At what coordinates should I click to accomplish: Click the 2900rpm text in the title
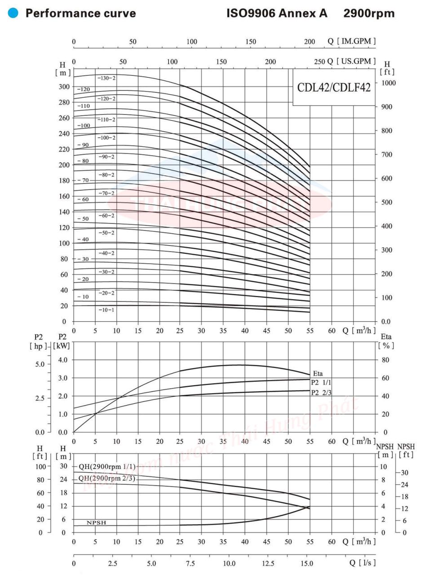point(369,13)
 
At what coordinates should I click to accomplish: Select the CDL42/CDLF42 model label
point(334,87)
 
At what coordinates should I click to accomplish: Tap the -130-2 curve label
point(107,78)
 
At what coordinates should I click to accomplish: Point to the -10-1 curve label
point(107,310)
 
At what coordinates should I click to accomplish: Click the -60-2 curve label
point(107,216)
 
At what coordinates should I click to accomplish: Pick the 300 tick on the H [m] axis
point(65,87)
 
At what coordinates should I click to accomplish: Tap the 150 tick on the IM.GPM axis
point(251,42)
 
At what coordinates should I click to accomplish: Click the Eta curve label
point(318,373)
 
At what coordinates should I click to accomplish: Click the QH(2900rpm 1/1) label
point(106,466)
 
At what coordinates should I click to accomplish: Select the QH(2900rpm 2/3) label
point(106,478)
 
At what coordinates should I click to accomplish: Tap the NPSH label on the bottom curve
point(96,522)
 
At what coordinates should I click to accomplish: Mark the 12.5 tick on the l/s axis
point(268,563)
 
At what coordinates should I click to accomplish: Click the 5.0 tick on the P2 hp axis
point(39,364)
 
